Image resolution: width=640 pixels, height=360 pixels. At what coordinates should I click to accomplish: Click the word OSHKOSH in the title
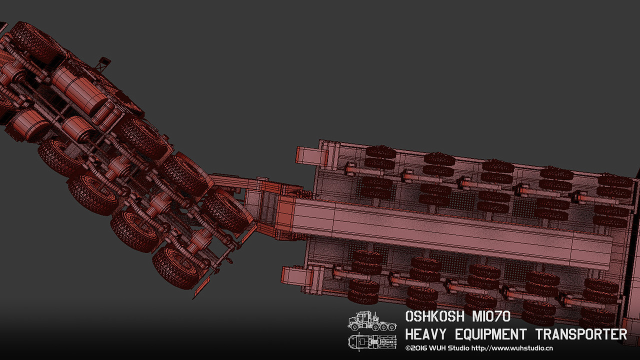click(435, 316)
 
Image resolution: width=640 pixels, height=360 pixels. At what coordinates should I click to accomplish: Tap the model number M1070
click(491, 316)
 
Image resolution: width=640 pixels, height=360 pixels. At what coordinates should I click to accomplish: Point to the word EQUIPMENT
click(491, 334)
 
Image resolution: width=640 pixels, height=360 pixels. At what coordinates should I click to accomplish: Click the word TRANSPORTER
click(581, 334)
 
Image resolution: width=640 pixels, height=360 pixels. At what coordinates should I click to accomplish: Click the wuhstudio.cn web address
click(512, 348)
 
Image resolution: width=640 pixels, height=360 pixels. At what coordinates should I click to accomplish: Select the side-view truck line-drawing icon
click(372, 321)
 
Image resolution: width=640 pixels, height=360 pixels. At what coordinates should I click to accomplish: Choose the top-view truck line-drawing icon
click(372, 341)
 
